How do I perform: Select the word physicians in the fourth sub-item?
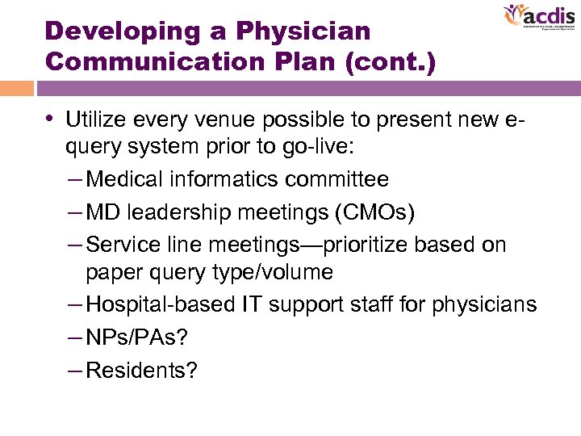pyautogui.click(x=484, y=304)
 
